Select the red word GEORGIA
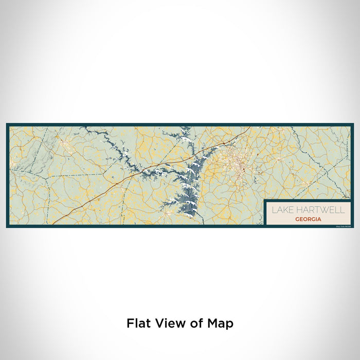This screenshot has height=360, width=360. coord(309,219)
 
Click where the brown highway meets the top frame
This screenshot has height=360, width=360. coord(250,127)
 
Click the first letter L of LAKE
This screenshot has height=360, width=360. coord(274,210)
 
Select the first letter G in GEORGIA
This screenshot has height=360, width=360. coord(298,219)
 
